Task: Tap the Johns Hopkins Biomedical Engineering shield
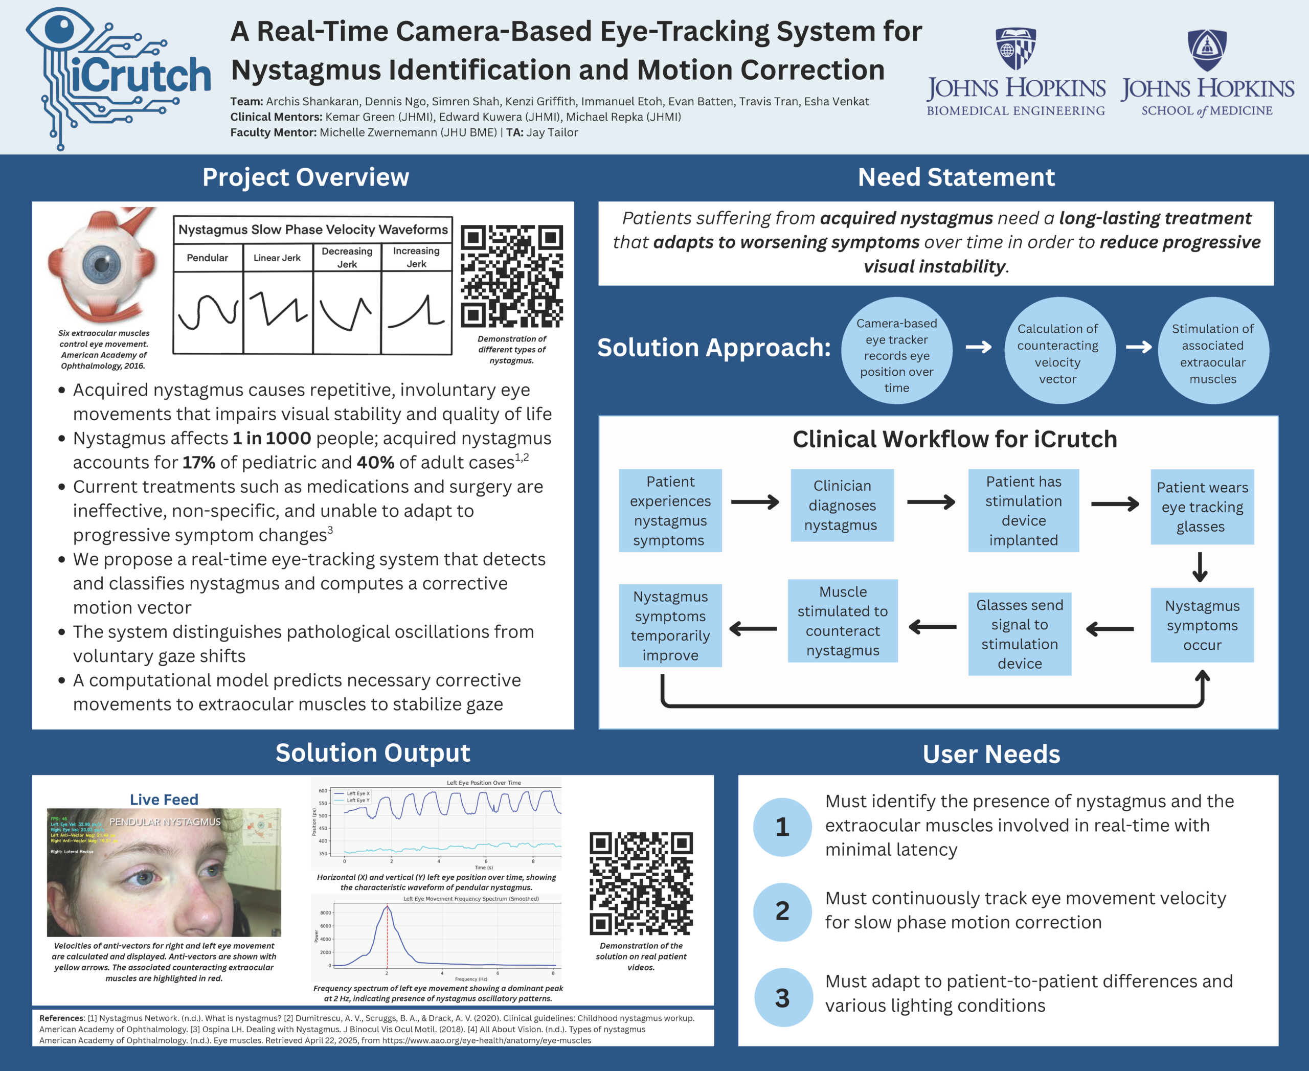coord(1015,48)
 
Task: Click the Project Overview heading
coord(305,177)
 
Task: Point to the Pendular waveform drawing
coord(208,311)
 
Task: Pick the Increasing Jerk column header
coord(416,257)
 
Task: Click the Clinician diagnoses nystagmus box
coord(842,505)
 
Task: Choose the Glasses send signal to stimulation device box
coord(1020,634)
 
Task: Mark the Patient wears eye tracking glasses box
coord(1202,507)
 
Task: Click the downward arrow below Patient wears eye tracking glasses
coord(1200,567)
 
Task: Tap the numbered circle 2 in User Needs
coord(782,911)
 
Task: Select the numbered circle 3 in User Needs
coord(782,997)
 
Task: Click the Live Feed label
coord(164,800)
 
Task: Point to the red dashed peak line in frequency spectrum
coord(387,938)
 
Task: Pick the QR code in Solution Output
coord(641,883)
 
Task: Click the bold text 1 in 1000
coord(272,438)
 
